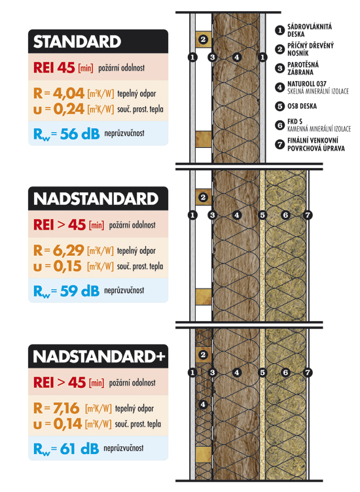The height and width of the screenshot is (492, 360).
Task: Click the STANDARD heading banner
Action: (x=77, y=43)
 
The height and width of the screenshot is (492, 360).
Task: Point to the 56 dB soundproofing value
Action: (x=78, y=135)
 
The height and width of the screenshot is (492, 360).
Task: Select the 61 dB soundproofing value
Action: (x=78, y=449)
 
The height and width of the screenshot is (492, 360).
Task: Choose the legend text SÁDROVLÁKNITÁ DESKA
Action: (x=310, y=30)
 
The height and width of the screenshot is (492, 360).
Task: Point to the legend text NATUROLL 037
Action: (x=308, y=84)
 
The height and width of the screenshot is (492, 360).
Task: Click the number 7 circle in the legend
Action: (x=279, y=143)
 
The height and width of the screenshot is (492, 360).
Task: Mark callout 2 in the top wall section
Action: (x=203, y=41)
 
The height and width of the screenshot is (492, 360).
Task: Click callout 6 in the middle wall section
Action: (x=285, y=215)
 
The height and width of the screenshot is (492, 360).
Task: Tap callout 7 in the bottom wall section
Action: (x=308, y=372)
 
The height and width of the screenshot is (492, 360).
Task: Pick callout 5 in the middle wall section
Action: (x=262, y=215)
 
